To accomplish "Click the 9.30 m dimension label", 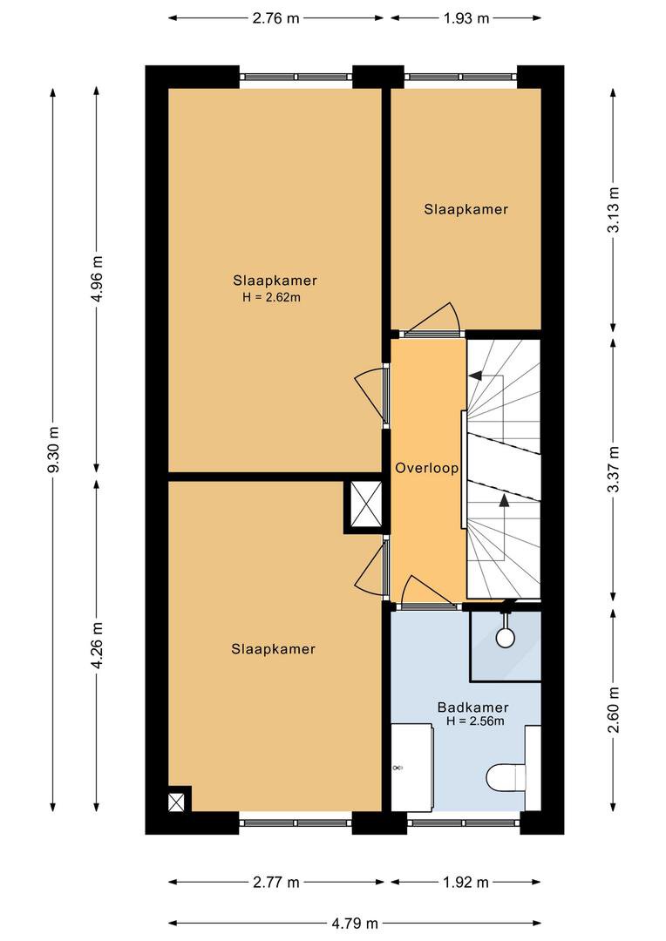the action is tap(53, 450).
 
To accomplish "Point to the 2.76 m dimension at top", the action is tap(275, 18).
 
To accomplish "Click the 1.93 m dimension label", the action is tap(466, 18).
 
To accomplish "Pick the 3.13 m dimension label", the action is tap(613, 210).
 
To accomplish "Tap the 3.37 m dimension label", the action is tap(613, 470).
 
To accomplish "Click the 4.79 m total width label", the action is tap(355, 923).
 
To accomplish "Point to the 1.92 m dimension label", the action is tap(466, 882).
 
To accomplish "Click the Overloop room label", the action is tap(427, 468).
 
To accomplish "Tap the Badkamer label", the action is tap(472, 707).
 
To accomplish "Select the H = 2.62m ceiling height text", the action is tap(271, 296).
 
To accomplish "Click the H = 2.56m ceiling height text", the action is tap(475, 721).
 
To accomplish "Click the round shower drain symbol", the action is tap(505, 637).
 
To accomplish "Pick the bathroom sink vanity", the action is tap(412, 768).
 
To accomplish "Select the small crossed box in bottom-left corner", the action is tap(176, 802).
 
